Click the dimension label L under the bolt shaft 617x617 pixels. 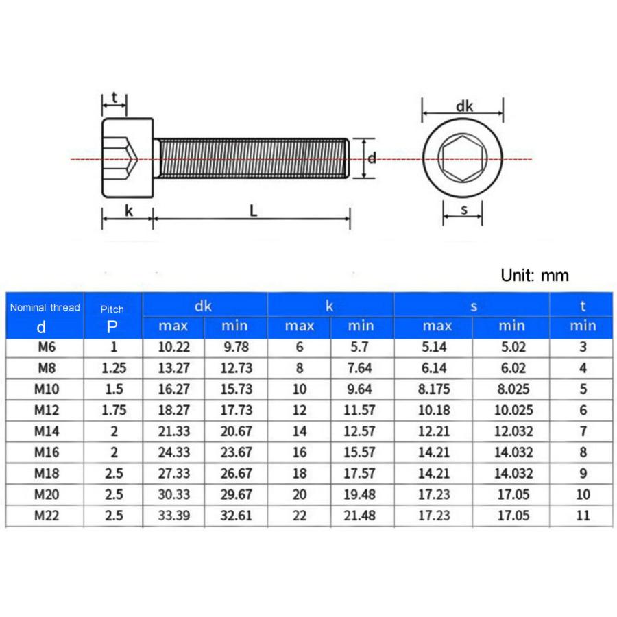click(253, 211)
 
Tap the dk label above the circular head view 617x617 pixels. click(465, 106)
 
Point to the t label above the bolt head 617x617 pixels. click(114, 97)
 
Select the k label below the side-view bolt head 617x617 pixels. click(128, 211)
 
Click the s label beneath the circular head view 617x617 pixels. click(463, 210)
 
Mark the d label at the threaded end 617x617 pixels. click(372, 158)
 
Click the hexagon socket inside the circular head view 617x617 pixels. click(463, 159)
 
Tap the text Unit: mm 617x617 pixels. click(535, 276)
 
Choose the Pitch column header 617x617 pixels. click(112, 308)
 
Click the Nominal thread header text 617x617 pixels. click(45, 308)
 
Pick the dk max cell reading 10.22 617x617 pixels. click(173, 348)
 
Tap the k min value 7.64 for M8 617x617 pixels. click(361, 368)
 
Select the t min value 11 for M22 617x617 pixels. click(583, 516)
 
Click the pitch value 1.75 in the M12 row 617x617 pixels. click(114, 411)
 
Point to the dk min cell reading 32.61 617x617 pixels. click(236, 516)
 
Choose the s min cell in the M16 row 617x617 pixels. click(513, 452)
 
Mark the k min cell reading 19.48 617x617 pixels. click(361, 494)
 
